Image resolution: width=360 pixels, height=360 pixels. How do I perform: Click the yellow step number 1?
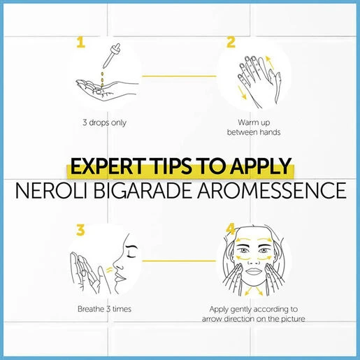(81, 42)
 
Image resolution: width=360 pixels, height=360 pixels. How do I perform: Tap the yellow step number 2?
(231, 42)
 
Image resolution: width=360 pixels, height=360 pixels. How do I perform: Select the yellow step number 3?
(80, 230)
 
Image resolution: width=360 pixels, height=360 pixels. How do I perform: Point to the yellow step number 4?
(231, 229)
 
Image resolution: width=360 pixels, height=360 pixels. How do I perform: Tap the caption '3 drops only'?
(104, 123)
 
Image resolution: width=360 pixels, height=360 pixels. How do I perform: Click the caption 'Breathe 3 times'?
(104, 309)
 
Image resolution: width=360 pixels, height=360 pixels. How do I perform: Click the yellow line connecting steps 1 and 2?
(179, 76)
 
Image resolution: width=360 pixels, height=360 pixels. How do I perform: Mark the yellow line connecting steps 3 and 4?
(179, 261)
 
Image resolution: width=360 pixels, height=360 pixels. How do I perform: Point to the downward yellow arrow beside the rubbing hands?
(242, 92)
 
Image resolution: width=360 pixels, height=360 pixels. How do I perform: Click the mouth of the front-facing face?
(254, 271)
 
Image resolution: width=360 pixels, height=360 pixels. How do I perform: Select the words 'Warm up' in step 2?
(254, 122)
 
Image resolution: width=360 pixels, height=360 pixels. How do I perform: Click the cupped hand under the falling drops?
(106, 90)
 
